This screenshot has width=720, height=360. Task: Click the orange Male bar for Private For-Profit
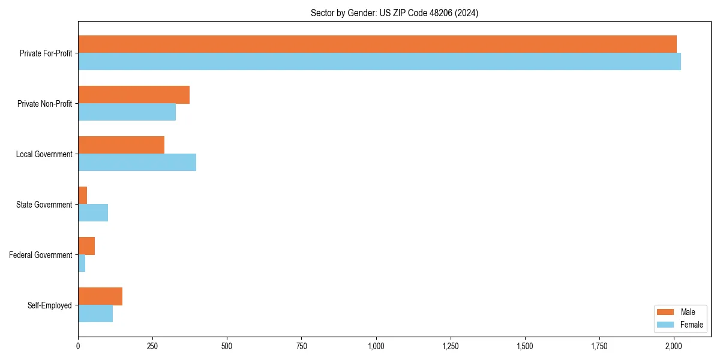(377, 44)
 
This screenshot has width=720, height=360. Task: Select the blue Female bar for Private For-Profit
(379, 62)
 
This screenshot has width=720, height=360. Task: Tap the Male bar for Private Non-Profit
(134, 95)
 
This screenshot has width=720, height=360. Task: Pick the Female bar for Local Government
(137, 163)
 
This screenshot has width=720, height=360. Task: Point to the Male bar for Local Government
(121, 145)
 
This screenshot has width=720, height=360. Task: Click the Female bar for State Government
(93, 213)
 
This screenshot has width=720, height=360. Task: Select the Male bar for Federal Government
(86, 246)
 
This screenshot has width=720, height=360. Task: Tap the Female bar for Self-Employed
(95, 314)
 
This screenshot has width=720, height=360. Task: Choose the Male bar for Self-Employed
(100, 296)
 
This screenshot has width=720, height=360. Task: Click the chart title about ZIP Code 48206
(394, 13)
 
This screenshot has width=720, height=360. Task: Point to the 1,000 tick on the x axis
(376, 346)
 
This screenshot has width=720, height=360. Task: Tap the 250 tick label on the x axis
(152, 346)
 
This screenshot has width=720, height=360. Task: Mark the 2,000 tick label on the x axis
(674, 346)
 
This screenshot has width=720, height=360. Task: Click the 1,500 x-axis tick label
(525, 346)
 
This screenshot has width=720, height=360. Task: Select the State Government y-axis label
(44, 205)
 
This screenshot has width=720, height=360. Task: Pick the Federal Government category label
(41, 255)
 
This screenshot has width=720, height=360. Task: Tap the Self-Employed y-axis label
(49, 305)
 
